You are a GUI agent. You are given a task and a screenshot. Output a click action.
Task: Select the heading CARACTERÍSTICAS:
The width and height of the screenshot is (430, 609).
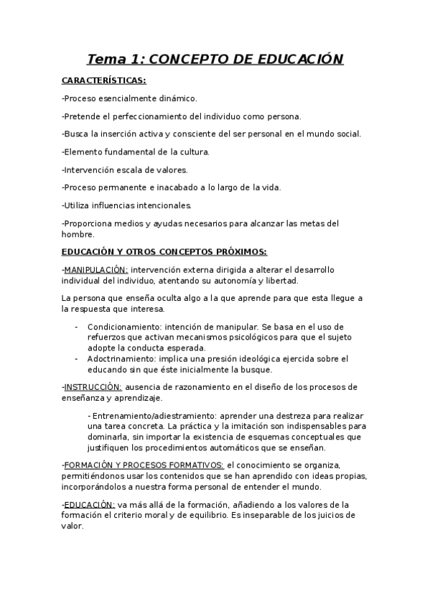pyautogui.click(x=103, y=80)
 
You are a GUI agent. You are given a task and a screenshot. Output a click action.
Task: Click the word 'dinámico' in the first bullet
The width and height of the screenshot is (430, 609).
pyautogui.click(x=177, y=98)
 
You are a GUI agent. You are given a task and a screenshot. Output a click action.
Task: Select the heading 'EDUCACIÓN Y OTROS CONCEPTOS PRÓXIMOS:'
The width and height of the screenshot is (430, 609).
pyautogui.click(x=164, y=251)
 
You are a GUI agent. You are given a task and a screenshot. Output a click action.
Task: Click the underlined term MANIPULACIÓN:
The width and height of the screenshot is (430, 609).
pyautogui.click(x=96, y=269)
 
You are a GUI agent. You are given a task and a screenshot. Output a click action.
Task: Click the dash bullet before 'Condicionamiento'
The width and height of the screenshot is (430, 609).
pyautogui.click(x=77, y=326)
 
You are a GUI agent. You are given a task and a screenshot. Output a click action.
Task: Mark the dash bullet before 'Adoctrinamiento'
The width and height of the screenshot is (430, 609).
pyautogui.click(x=77, y=358)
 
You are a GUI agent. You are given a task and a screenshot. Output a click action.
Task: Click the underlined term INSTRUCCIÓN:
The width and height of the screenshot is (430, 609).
pyautogui.click(x=93, y=387)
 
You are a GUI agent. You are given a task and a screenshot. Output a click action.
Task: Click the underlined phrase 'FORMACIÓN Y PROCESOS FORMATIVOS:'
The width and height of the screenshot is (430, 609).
pyautogui.click(x=144, y=465)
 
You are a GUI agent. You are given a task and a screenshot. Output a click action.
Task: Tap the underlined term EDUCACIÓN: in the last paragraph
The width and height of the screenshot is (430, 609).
pyautogui.click(x=90, y=504)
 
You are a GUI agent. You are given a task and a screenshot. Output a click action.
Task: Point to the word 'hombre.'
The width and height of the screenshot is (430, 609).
pyautogui.click(x=78, y=233)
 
